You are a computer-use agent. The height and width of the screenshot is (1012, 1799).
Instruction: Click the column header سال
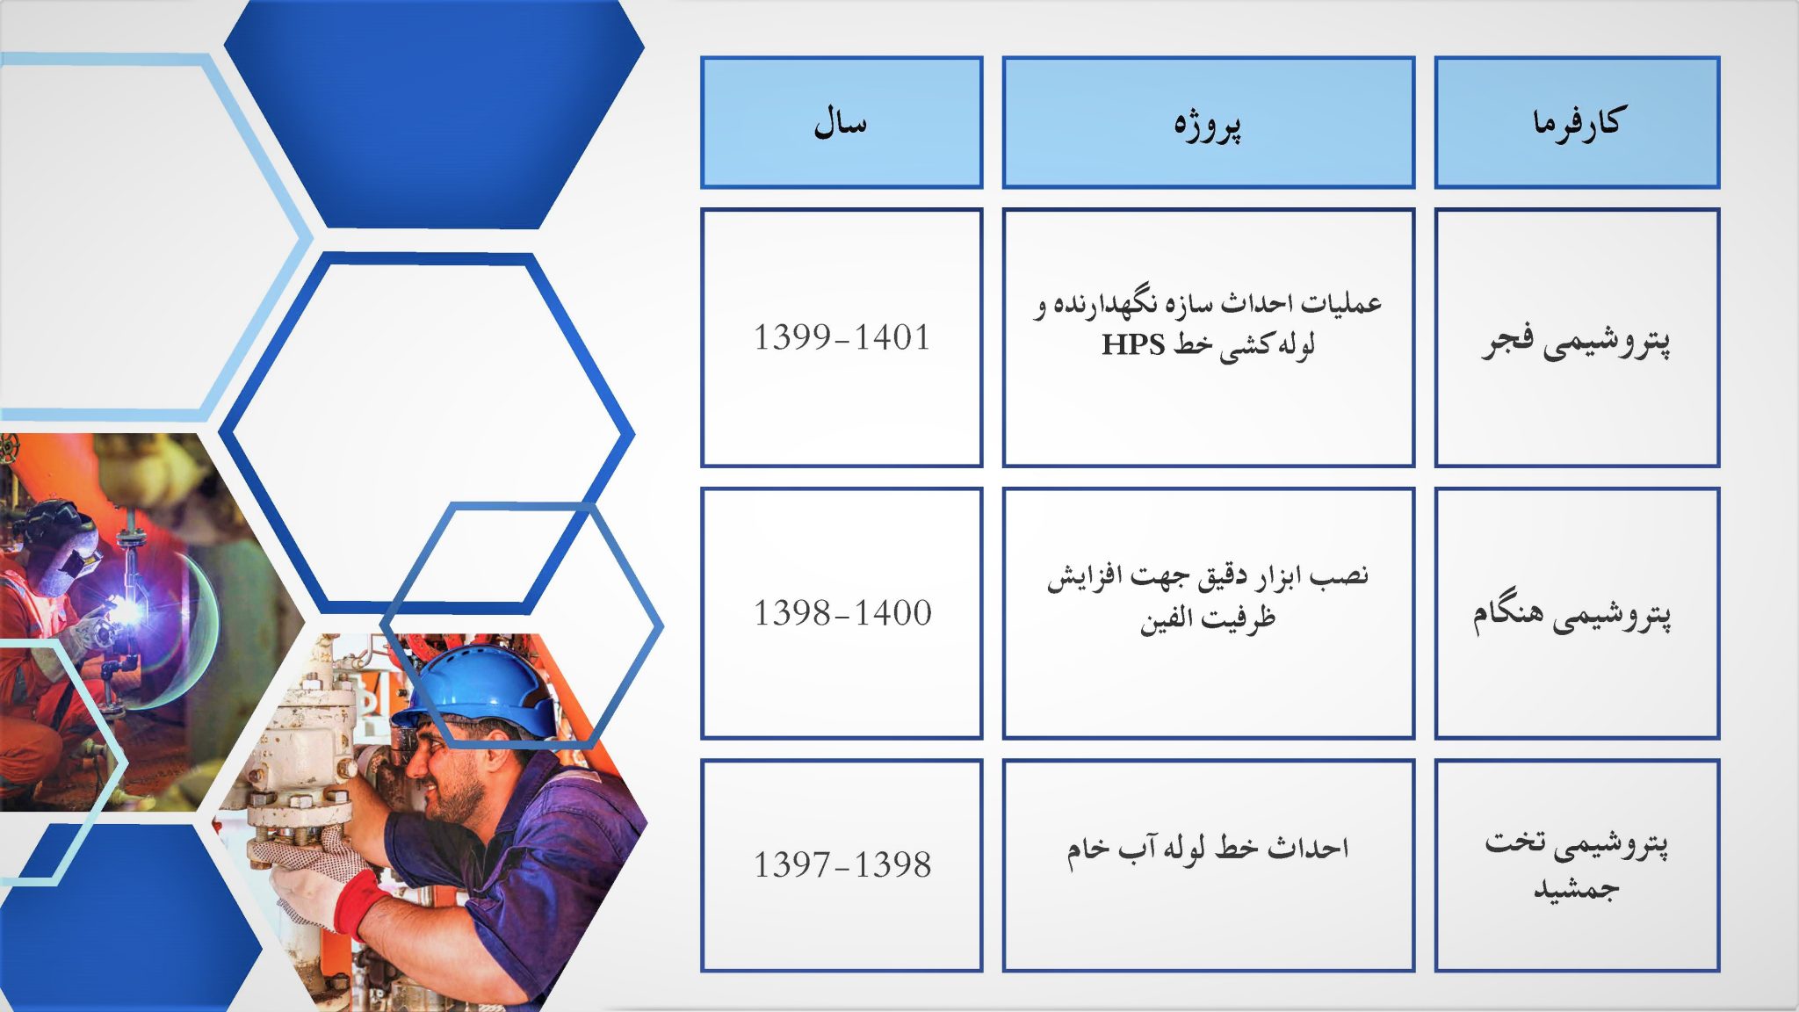point(841,122)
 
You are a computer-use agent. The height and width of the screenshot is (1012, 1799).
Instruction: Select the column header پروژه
point(1208,122)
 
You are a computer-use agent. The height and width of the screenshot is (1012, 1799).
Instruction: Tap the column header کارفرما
point(1577,122)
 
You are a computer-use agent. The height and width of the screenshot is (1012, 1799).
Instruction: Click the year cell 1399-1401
point(842,337)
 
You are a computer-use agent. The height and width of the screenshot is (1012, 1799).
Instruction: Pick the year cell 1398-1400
point(842,613)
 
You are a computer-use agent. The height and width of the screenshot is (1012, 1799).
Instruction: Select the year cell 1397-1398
point(842,865)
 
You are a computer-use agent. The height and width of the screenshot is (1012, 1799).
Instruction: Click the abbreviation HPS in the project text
point(1133,344)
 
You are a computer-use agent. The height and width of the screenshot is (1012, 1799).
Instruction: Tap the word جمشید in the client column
point(1576,889)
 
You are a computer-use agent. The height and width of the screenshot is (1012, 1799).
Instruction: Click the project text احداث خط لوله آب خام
point(1208,849)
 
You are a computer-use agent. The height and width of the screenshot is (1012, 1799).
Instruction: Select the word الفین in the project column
point(1166,620)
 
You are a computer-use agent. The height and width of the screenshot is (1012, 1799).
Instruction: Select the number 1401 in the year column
point(892,337)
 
